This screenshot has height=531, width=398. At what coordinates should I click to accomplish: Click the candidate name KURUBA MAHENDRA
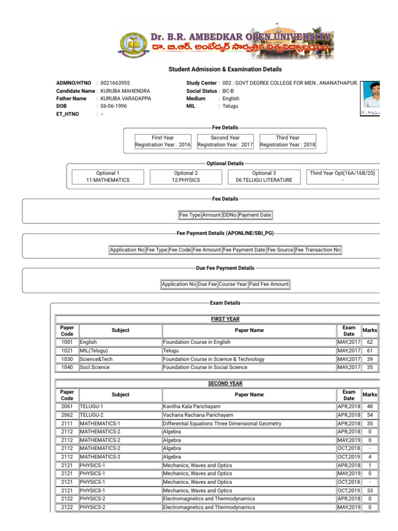pos(125,91)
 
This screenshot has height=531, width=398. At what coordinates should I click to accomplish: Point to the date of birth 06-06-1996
pos(113,106)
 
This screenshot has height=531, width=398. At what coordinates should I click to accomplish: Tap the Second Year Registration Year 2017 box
pos(225,141)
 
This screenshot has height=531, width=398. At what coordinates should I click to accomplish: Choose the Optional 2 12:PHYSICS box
pos(186,176)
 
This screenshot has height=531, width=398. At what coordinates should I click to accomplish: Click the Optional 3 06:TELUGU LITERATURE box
pos(264,176)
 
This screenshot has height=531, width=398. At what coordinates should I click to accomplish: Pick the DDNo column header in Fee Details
pos(230,215)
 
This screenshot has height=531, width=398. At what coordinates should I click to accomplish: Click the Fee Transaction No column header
pos(318,250)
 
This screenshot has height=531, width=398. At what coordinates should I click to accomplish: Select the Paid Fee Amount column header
pos(268,284)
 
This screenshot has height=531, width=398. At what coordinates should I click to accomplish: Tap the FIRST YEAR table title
pos(225,319)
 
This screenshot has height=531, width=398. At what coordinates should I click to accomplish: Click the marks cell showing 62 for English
pos(369,342)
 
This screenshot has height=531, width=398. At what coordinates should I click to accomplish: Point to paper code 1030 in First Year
pos(67,359)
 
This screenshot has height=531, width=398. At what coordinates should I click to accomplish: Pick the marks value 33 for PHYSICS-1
pos(369,490)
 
